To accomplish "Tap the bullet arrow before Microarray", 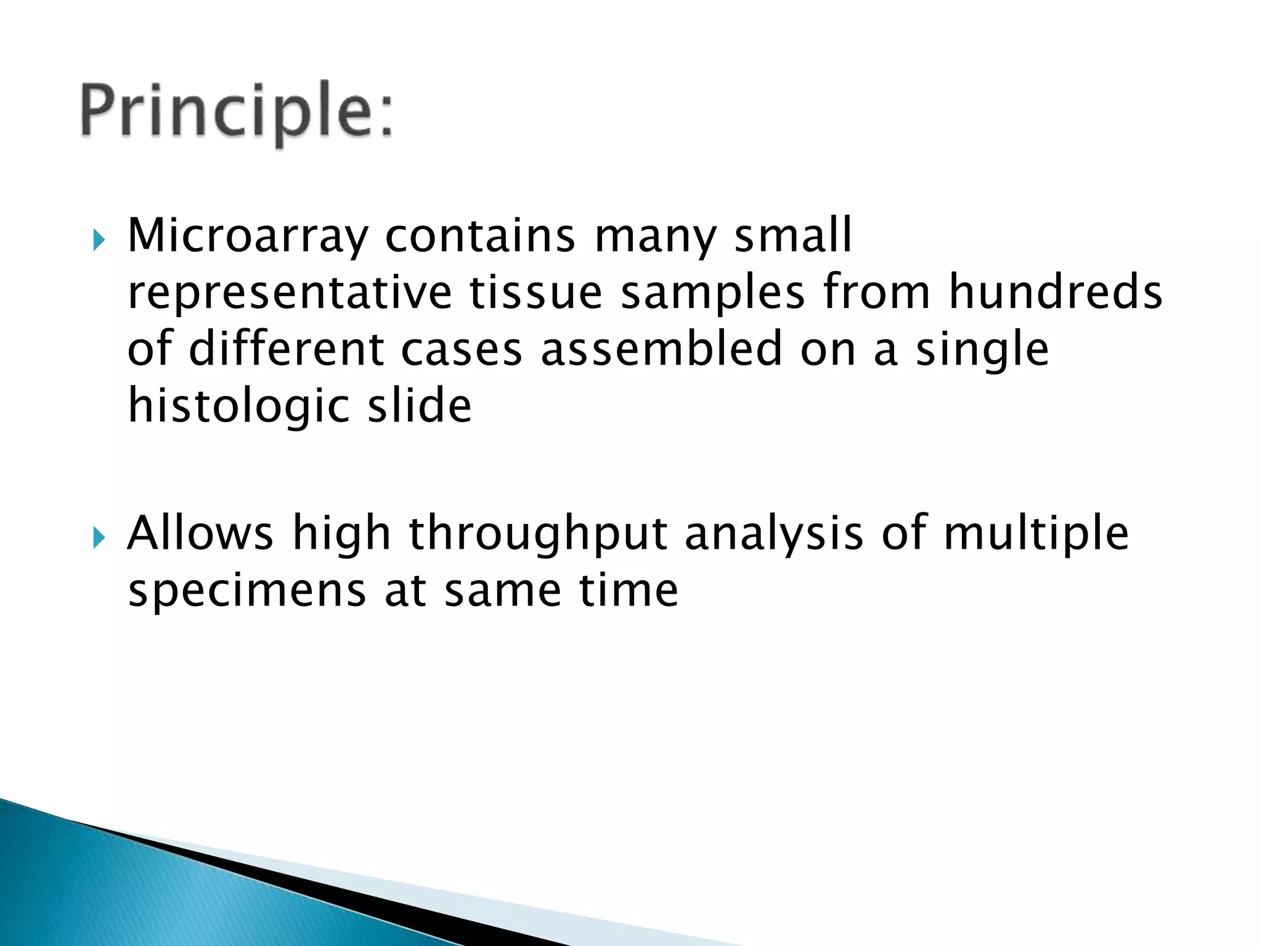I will click(99, 240).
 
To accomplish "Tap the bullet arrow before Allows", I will click(99, 538).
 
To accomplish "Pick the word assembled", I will click(662, 349).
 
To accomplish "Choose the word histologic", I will click(238, 406).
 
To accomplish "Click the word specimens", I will click(247, 592).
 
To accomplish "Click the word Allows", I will click(200, 533).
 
